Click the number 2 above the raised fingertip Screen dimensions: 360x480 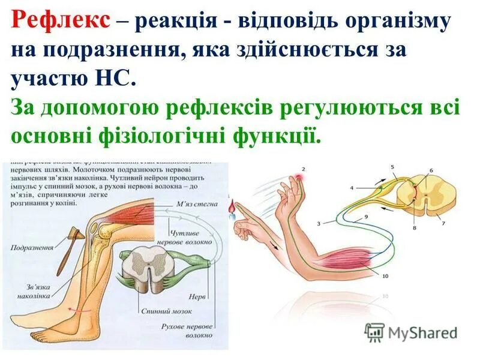304,170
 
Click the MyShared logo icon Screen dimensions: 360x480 375,332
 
